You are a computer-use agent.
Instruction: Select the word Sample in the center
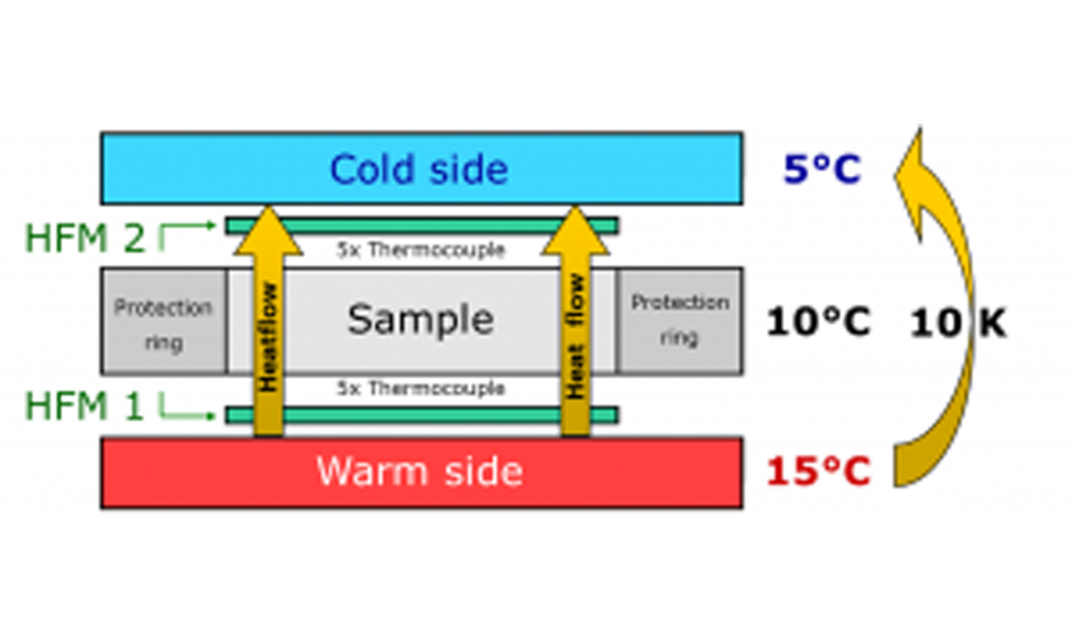421,320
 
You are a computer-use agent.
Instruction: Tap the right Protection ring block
679,320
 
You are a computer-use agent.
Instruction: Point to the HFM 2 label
84,238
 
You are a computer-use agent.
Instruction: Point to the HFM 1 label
84,407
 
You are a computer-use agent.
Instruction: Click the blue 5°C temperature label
822,168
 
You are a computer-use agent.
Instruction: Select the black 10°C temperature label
818,321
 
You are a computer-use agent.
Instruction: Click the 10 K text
957,322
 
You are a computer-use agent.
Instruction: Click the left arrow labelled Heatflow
268,330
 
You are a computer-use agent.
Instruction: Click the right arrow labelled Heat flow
574,330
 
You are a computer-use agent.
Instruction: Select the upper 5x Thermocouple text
421,250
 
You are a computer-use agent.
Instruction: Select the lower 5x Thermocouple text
421,388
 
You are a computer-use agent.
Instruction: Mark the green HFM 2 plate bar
421,225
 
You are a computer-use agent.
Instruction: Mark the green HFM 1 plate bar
421,416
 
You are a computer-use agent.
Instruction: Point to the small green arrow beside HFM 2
187,229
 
